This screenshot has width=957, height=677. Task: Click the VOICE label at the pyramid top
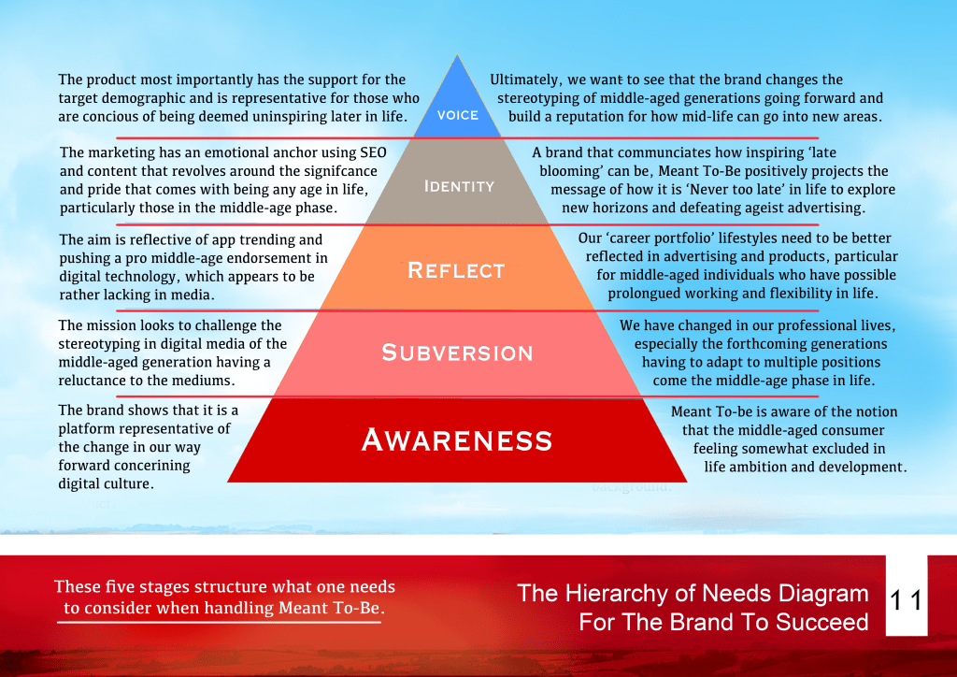(x=458, y=115)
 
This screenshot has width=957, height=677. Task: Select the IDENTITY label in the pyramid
(x=459, y=186)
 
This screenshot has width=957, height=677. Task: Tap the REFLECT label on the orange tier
(x=456, y=271)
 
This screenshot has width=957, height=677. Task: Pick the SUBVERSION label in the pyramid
(x=457, y=353)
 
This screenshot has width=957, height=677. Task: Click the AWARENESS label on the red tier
(x=457, y=439)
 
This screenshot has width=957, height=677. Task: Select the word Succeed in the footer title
(x=822, y=622)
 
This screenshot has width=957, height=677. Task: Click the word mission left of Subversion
(x=109, y=325)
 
